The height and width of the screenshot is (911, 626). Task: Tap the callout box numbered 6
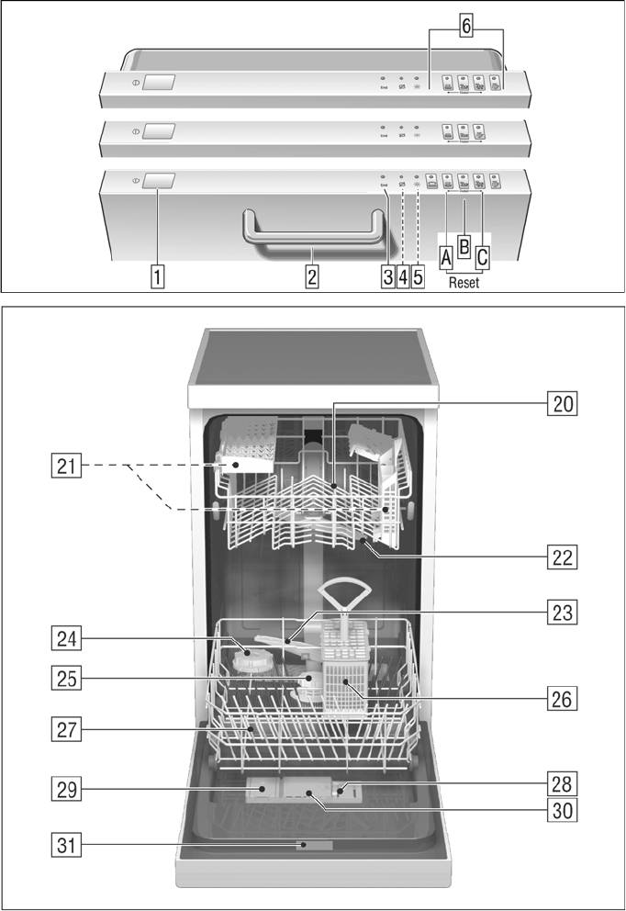(x=466, y=27)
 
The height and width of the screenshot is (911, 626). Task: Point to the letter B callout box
(x=464, y=246)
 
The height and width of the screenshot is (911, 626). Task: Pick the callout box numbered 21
(x=63, y=467)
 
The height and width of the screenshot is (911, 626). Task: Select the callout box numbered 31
(x=63, y=846)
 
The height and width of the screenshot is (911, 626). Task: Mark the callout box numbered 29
(x=63, y=787)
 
